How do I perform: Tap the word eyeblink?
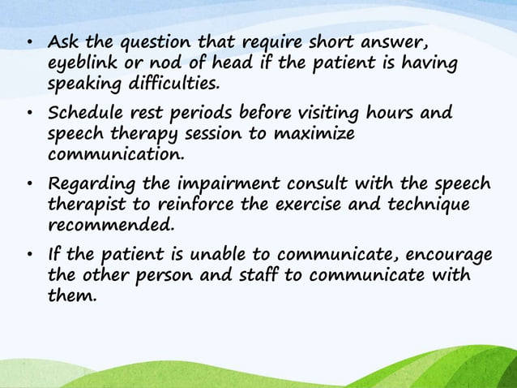click(83, 63)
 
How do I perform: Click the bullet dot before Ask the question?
click(28, 42)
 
